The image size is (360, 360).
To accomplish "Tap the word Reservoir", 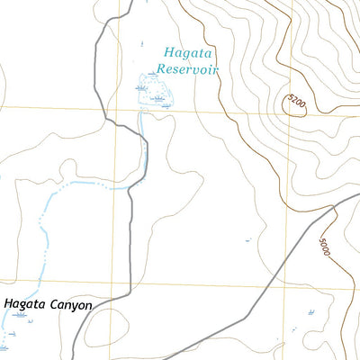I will tap(187, 67).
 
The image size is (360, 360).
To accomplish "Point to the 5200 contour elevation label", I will tap(296, 103).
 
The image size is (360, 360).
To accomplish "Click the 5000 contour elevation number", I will tap(325, 245).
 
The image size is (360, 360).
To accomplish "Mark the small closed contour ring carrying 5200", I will tap(294, 106).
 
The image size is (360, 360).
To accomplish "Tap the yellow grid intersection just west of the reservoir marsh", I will tap(116, 110).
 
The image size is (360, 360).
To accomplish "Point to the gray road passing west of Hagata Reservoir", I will tap(100, 72).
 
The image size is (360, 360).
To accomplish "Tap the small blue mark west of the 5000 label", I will tap(248, 240).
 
